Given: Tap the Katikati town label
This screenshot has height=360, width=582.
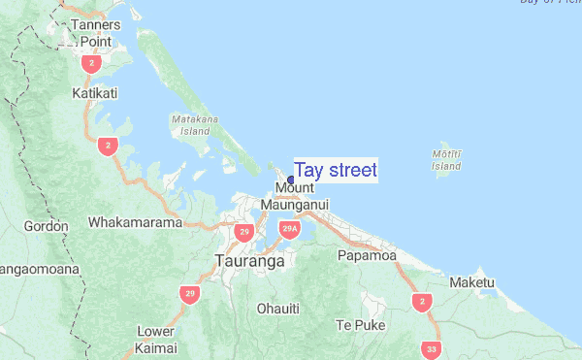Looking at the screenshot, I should click(x=94, y=93).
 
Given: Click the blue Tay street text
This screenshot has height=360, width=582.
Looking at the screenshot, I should click(x=335, y=171).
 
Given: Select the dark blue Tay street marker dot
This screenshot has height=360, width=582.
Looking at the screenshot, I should click(x=291, y=180).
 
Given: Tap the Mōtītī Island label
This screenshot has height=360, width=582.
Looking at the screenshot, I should click(x=446, y=159).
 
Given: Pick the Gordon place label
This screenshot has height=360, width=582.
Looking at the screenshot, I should click(x=46, y=226).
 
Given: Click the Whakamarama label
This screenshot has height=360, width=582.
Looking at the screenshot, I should click(x=135, y=222).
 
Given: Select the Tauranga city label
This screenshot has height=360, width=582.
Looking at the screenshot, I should click(x=249, y=261).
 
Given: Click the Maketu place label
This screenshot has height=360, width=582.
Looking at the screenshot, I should click(x=472, y=282).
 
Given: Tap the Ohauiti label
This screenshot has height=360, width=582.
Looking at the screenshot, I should click(x=277, y=308).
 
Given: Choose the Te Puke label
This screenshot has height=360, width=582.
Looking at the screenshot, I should click(x=354, y=324).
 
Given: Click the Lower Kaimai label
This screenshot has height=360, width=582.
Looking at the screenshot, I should click(x=155, y=338).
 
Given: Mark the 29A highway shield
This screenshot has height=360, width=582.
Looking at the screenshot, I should click(x=288, y=230).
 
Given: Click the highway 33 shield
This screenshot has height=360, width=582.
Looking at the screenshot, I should click(x=432, y=348).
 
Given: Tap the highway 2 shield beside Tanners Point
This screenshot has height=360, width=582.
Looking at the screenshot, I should click(x=91, y=64).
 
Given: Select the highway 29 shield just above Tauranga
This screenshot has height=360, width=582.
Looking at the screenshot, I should click(x=243, y=233).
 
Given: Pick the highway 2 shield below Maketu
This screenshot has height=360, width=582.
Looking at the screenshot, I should click(x=421, y=302).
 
